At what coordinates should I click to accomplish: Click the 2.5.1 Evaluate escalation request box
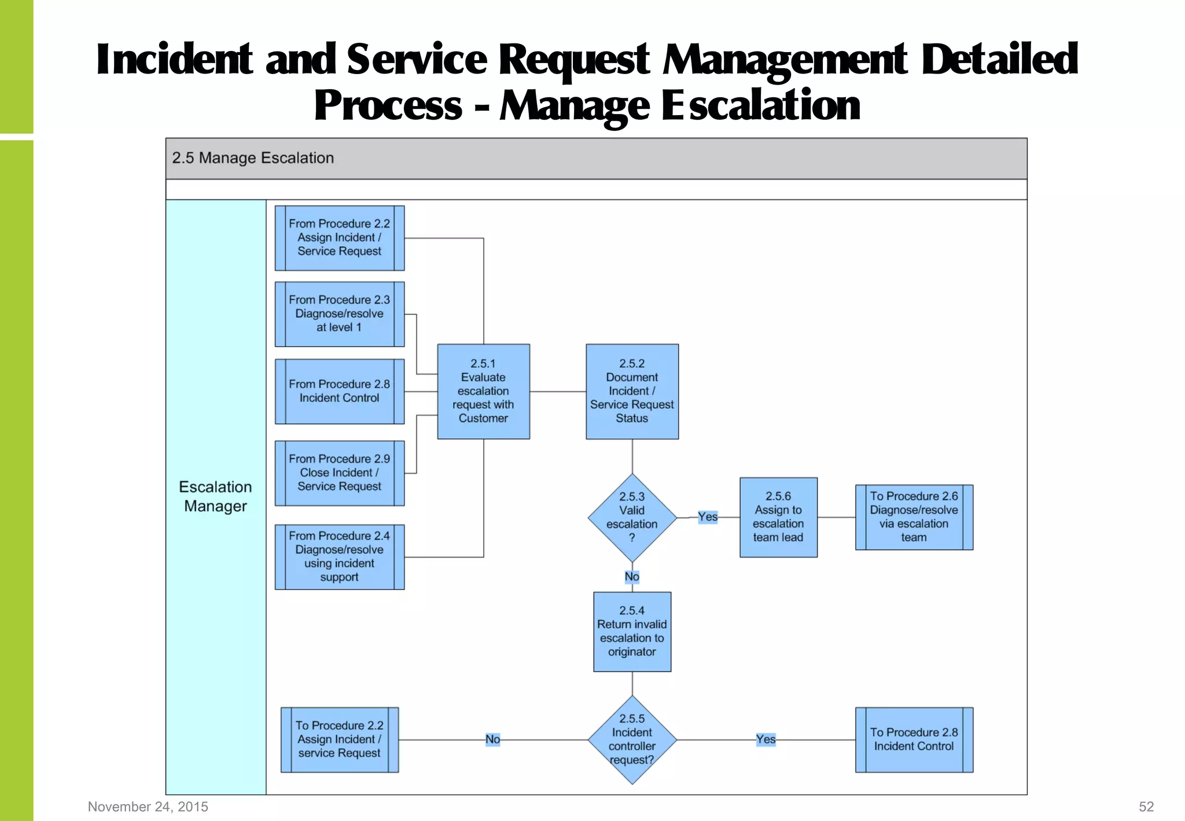[x=483, y=391]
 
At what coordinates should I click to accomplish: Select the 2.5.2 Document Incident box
[x=632, y=391]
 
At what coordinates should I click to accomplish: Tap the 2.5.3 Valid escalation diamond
[x=632, y=517]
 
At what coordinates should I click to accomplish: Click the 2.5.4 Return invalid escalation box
[x=632, y=631]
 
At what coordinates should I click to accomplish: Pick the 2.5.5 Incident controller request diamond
[x=632, y=739]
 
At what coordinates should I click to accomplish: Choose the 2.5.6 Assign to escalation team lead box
[x=778, y=517]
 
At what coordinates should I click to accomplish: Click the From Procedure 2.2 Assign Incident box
[x=340, y=237]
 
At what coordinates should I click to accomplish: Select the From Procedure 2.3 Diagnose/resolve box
[x=340, y=314]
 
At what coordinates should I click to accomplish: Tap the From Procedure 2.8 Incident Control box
[x=340, y=391]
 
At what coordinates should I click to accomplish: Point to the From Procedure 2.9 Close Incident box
[x=340, y=472]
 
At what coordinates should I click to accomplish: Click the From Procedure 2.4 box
[x=340, y=556]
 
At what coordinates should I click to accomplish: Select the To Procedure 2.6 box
[x=914, y=517]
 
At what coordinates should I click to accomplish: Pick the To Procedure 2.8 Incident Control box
[x=914, y=739]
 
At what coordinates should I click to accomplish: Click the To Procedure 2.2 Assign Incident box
[x=340, y=739]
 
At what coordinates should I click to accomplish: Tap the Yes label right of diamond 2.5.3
[x=707, y=516]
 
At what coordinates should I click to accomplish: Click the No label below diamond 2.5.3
[x=632, y=577]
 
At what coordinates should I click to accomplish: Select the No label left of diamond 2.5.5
[x=492, y=739]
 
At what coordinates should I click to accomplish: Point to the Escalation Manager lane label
[x=215, y=496]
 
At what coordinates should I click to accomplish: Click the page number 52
[x=1146, y=807]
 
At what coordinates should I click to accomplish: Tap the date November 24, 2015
[x=148, y=807]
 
